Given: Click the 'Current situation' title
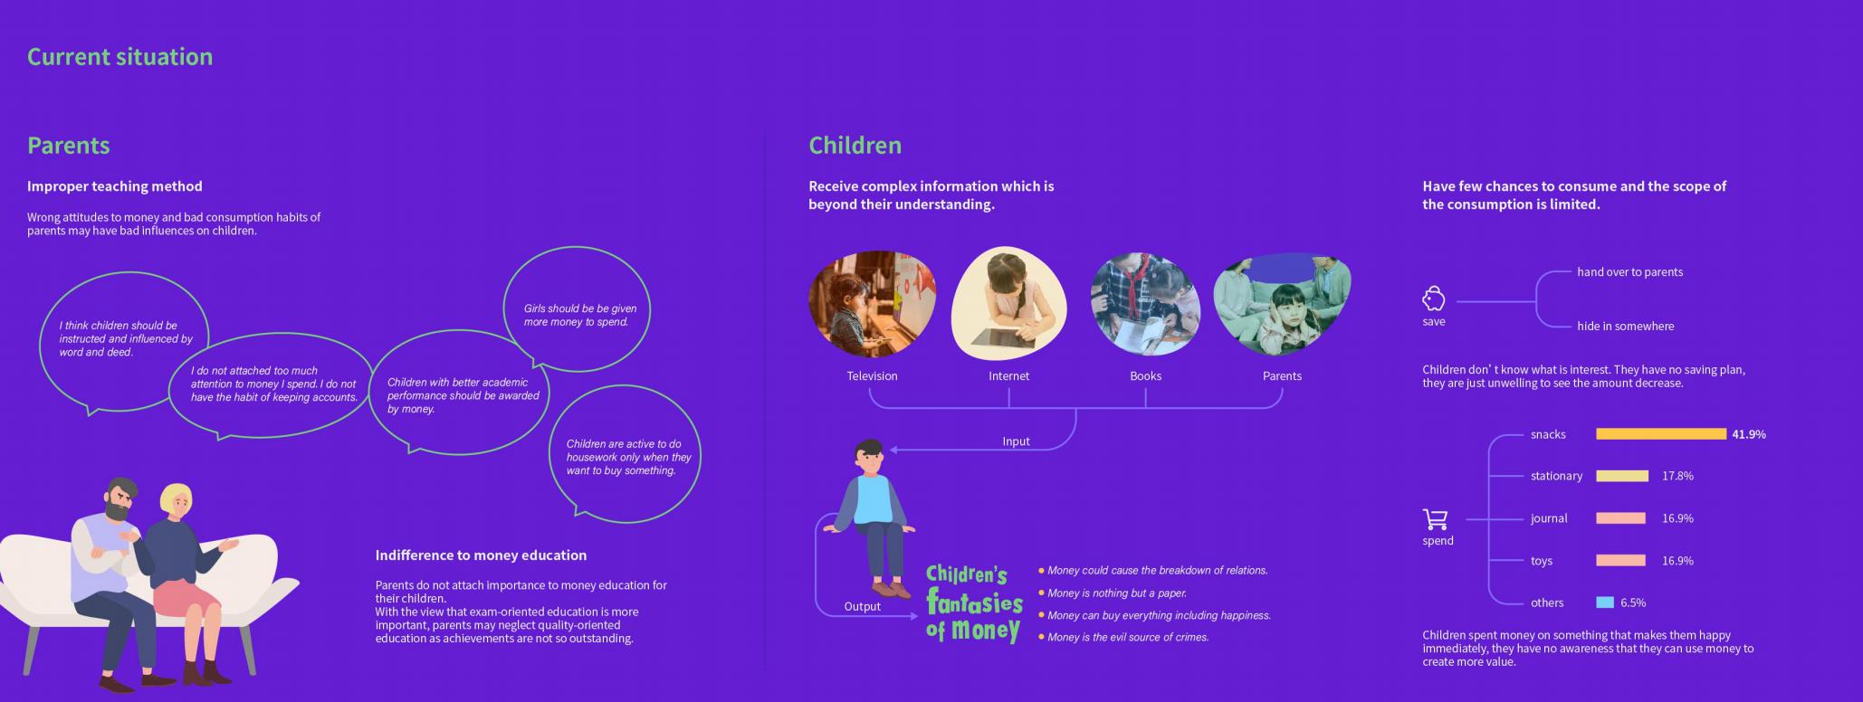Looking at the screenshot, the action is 120,56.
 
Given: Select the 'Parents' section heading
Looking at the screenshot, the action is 69,145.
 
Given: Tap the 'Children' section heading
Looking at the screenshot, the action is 855,145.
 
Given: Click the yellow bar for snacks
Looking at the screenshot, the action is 1661,434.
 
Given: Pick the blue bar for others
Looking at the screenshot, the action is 1605,602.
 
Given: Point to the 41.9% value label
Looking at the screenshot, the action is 1749,434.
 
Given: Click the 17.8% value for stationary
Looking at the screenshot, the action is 1677,476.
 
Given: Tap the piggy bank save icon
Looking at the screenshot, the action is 1434,299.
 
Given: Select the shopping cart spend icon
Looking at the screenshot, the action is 1436,519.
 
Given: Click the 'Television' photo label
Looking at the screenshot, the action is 873,376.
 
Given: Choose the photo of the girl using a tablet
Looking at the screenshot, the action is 1009,303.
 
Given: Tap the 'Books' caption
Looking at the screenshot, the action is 1146,376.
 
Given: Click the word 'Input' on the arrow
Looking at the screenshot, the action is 1017,441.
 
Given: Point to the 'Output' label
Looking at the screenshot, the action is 863,607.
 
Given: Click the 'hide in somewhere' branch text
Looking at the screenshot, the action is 1626,327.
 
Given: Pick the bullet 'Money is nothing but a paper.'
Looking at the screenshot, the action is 1117,593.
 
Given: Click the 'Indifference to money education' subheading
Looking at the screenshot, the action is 482,555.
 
